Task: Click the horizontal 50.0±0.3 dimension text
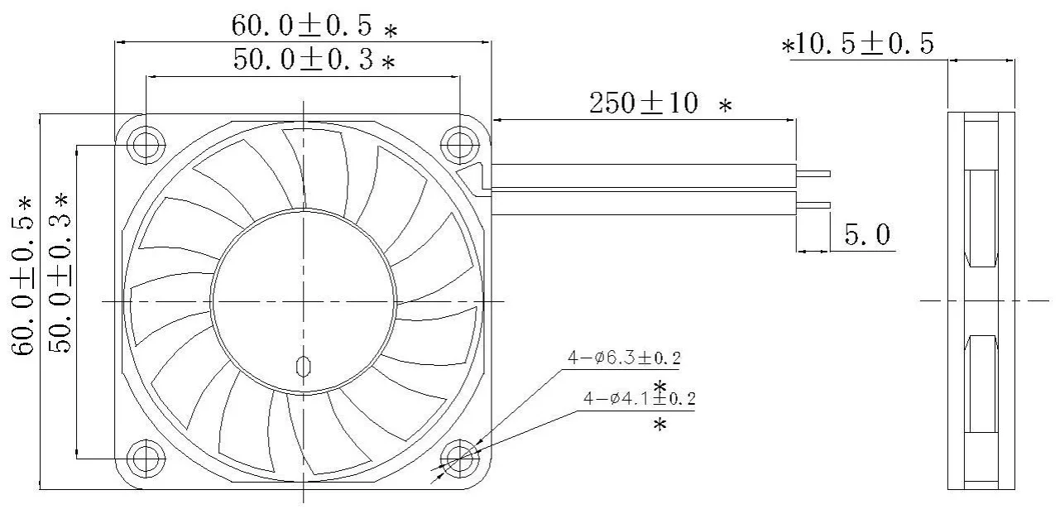pos(302,60)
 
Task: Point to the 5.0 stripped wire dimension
pos(866,236)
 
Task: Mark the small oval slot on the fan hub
pos(303,365)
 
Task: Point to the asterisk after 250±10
pos(726,107)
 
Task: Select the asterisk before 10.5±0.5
pos(788,46)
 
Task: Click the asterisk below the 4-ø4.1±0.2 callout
pos(660,425)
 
